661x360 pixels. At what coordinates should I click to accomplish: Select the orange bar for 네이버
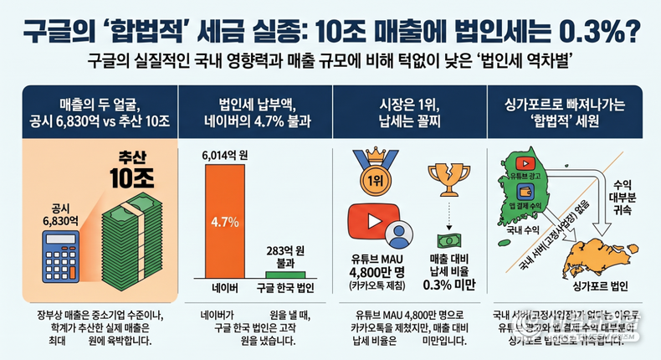tap(224, 223)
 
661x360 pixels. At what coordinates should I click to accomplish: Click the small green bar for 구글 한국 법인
tap(286, 274)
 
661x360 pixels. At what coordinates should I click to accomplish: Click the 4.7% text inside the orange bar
tap(225, 223)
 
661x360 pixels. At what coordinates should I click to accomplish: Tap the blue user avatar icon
tap(399, 231)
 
